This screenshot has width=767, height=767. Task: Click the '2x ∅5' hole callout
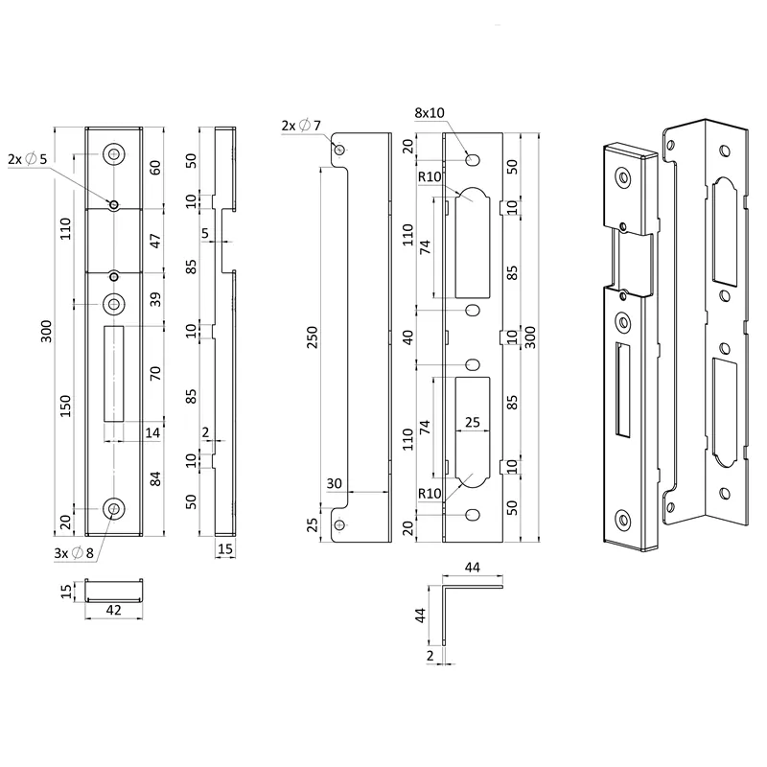click(28, 159)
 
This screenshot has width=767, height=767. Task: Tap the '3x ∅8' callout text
click(74, 553)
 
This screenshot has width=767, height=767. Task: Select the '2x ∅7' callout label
click(301, 126)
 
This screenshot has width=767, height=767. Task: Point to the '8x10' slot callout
click(430, 113)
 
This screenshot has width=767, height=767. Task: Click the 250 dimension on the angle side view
click(313, 337)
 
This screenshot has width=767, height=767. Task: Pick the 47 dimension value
click(155, 242)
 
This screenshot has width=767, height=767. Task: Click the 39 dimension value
click(155, 299)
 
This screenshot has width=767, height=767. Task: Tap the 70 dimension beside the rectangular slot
click(155, 373)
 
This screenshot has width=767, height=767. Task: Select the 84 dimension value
click(155, 478)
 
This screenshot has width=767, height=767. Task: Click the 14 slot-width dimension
click(152, 432)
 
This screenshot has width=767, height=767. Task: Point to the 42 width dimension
click(113, 610)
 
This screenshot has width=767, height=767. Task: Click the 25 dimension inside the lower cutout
click(473, 422)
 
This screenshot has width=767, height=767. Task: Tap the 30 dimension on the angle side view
click(334, 483)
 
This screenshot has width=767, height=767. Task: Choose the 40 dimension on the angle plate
click(407, 337)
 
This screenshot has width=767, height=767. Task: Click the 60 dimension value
click(155, 168)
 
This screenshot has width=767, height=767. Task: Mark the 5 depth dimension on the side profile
click(205, 233)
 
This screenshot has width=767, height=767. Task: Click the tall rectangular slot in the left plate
click(114, 374)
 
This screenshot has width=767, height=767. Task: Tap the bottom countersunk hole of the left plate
click(114, 509)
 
